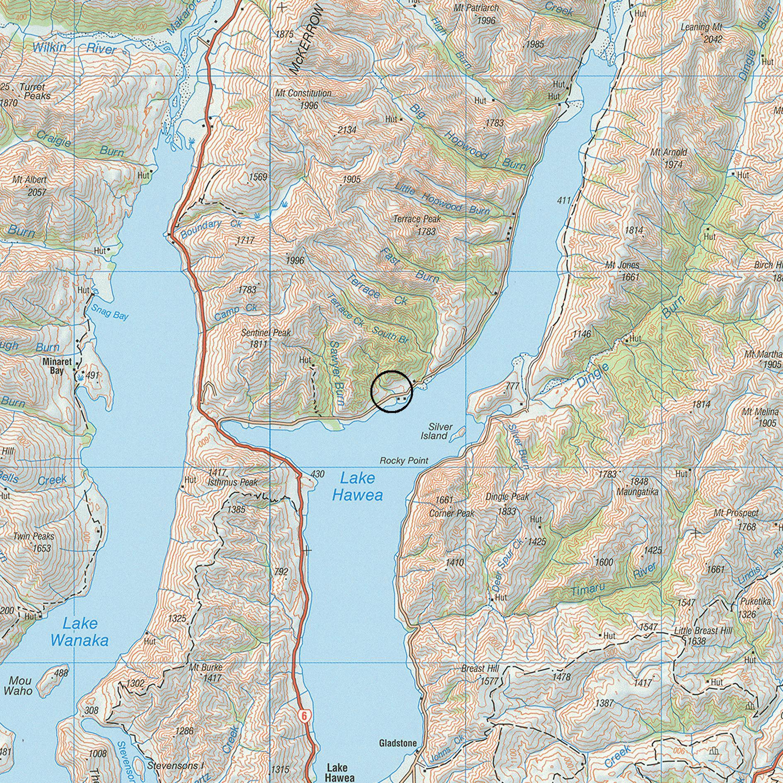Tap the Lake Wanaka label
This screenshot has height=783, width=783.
point(79,632)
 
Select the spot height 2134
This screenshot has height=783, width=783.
point(347,130)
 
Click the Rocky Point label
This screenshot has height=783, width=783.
point(404,461)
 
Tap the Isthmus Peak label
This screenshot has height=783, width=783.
point(233,483)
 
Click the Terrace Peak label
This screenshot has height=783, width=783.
point(417,219)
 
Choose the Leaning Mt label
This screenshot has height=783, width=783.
point(701,28)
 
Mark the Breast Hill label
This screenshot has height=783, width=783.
point(480,669)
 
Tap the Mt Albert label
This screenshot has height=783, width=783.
point(29,180)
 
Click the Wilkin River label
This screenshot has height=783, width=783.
point(74,48)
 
